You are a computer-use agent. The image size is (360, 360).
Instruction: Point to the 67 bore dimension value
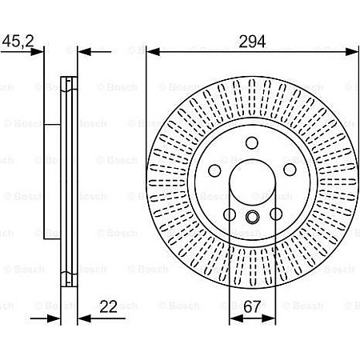click(x=253, y=305)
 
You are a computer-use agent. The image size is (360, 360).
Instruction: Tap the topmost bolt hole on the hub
click(x=253, y=144)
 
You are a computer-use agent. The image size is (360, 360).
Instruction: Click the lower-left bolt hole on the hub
click(x=230, y=215)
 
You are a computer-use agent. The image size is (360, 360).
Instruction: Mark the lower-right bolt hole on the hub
click(x=277, y=215)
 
